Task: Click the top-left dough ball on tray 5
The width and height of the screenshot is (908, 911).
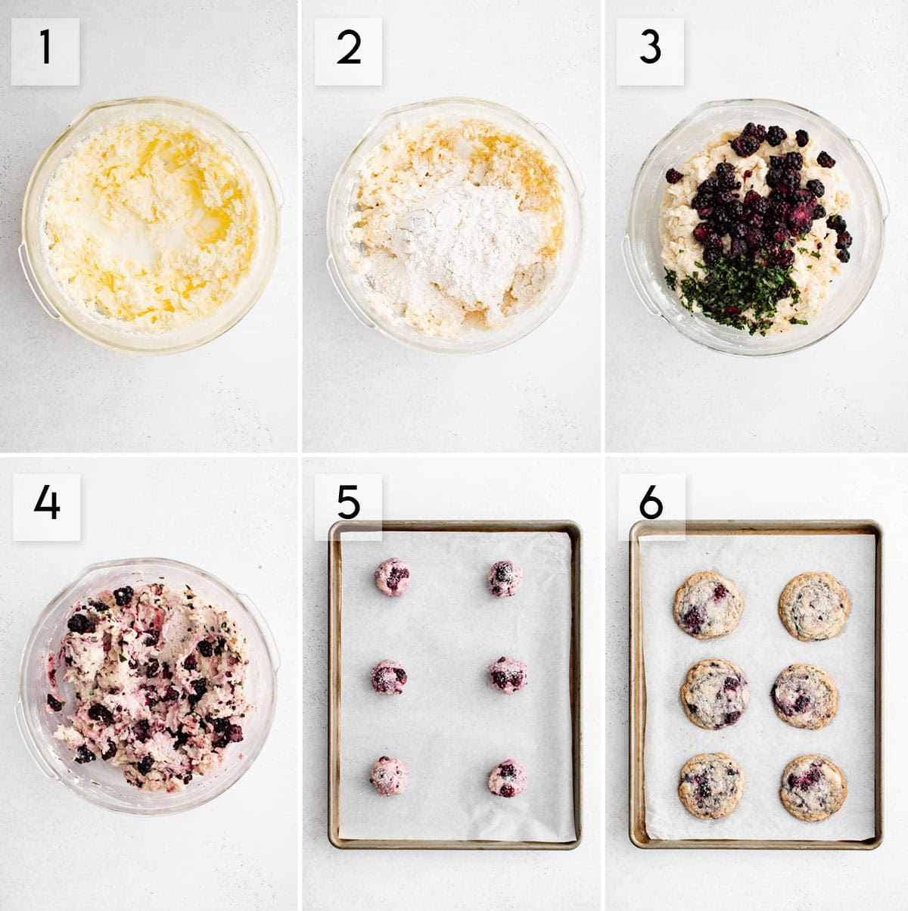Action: (393, 577)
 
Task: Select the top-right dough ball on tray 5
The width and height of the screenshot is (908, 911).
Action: (505, 578)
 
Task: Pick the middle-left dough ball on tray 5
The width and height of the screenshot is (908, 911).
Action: (389, 676)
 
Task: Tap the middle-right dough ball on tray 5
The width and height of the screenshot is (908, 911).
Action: (507, 674)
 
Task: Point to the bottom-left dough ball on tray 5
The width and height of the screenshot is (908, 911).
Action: (389, 776)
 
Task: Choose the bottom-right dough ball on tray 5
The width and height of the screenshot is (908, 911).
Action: (507, 779)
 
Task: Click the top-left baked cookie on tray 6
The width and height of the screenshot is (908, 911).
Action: (708, 605)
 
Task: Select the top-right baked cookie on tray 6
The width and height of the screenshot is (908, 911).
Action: (814, 606)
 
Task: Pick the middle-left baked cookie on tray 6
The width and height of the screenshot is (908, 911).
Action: (714, 694)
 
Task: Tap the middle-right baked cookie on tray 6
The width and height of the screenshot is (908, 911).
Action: (804, 696)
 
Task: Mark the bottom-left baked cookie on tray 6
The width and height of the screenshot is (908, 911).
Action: (711, 785)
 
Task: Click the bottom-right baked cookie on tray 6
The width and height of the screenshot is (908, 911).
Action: (813, 787)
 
